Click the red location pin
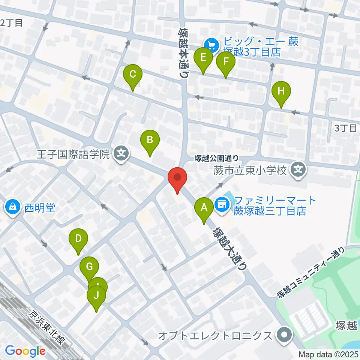point(177,179)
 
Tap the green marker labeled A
point(204,207)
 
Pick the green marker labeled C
point(133,74)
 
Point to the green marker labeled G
point(89,267)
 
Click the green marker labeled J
point(97,296)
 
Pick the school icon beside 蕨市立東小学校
point(298,170)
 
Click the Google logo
point(25,351)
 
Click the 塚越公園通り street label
point(217,159)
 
